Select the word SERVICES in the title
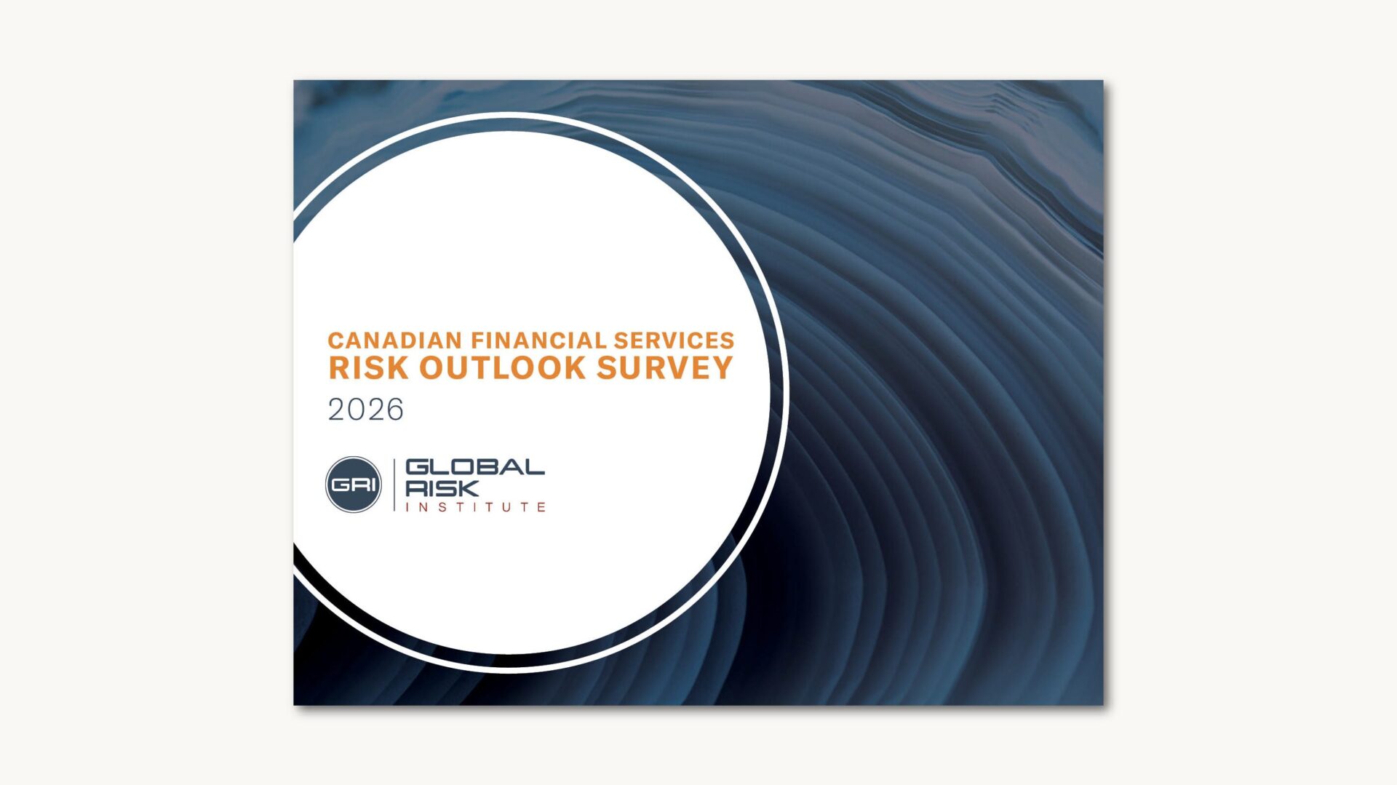(674, 340)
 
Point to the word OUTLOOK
(503, 368)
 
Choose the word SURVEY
(664, 368)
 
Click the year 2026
(365, 410)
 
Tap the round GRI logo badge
(354, 485)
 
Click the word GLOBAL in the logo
(474, 466)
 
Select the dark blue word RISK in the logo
(442, 488)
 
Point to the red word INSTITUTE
(475, 507)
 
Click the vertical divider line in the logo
(394, 485)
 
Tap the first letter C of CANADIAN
(335, 340)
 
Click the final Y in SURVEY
(722, 368)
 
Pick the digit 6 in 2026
(394, 410)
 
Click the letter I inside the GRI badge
(373, 485)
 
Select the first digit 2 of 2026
(337, 410)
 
